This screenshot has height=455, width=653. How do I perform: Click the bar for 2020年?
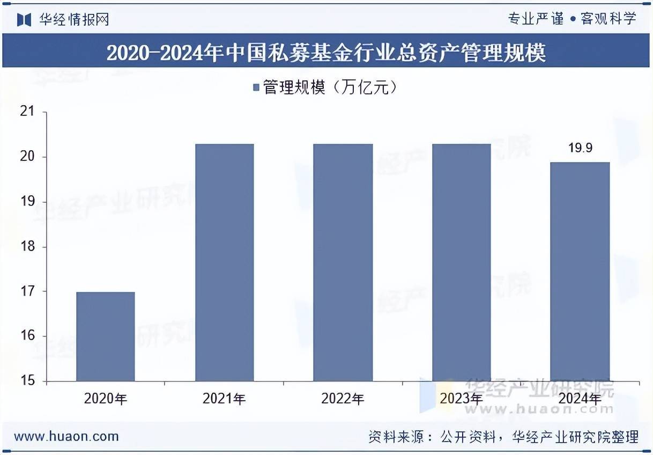tap(106, 336)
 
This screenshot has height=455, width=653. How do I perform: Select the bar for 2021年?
tap(224, 262)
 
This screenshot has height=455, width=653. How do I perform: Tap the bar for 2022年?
tap(343, 262)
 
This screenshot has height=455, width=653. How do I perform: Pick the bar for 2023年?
tap(461, 262)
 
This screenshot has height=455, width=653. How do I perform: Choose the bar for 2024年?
tap(580, 271)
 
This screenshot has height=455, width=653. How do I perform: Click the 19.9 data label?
tap(580, 148)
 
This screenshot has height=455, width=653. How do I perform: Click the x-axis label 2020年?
tap(106, 399)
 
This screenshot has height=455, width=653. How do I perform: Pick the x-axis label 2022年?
tap(343, 399)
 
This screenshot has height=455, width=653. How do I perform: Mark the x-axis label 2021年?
tap(224, 399)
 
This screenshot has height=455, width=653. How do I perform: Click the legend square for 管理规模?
tap(256, 87)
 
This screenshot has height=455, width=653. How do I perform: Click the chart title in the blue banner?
tap(326, 53)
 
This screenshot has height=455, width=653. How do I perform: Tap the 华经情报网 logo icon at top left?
tap(24, 19)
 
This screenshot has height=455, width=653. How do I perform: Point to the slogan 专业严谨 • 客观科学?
tap(572, 19)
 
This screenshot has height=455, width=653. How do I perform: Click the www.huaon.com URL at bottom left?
tap(66, 436)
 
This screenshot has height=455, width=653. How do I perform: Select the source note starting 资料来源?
tap(503, 437)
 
